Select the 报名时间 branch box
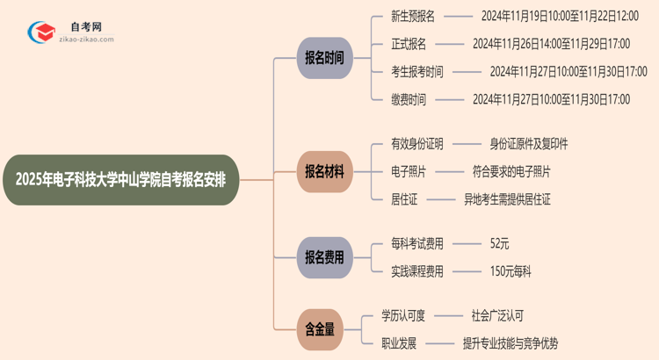(324, 59)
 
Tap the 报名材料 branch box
(324, 170)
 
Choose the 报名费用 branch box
(324, 257)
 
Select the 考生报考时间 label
(417, 71)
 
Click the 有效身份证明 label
(417, 143)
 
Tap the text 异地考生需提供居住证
(507, 199)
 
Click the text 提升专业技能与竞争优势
(510, 343)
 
